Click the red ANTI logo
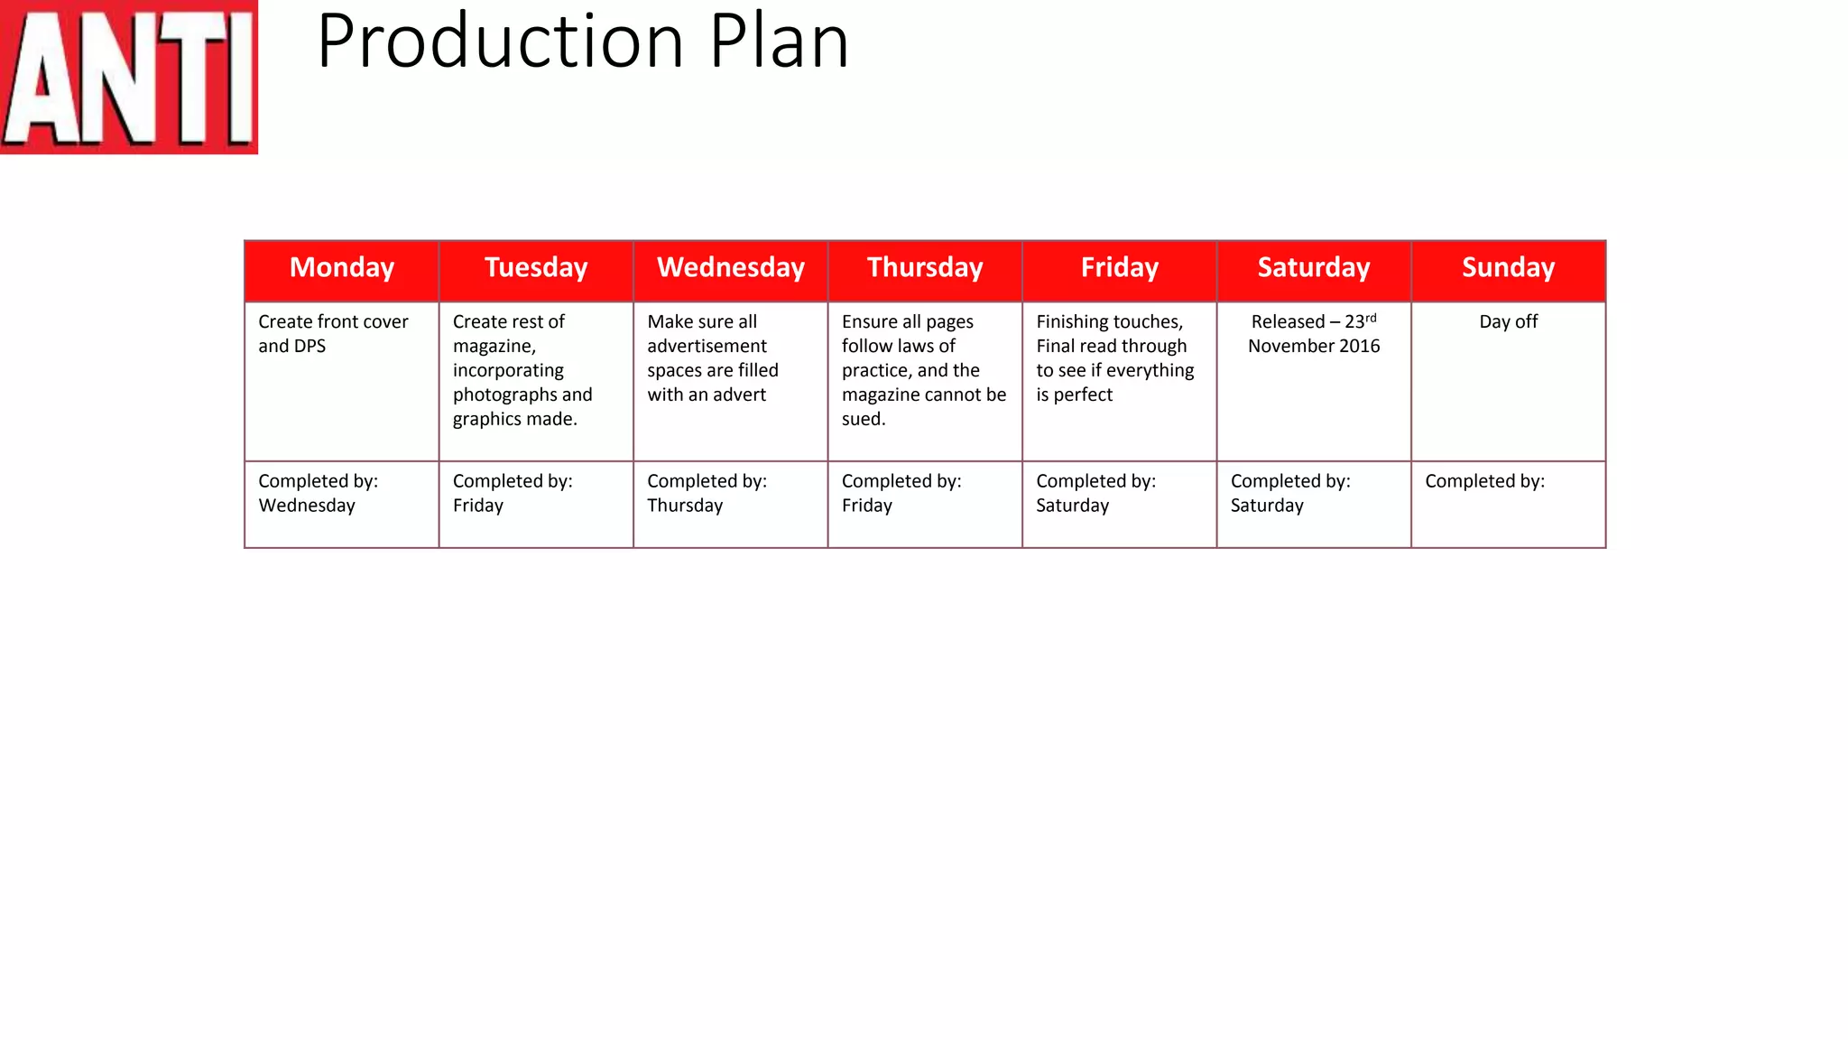click(x=128, y=77)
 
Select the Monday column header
click(x=342, y=267)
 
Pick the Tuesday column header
click(x=536, y=267)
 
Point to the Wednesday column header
click(x=731, y=267)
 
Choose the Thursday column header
click(x=925, y=267)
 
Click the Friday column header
click(x=1120, y=267)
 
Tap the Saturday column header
click(x=1314, y=267)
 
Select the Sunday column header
click(x=1509, y=267)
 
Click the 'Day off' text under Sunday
click(x=1509, y=322)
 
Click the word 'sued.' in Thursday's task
click(x=864, y=420)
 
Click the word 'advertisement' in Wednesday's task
click(x=707, y=347)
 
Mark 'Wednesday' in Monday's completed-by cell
click(x=307, y=506)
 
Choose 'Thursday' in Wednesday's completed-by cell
click(x=685, y=506)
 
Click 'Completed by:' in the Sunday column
click(x=1484, y=481)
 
